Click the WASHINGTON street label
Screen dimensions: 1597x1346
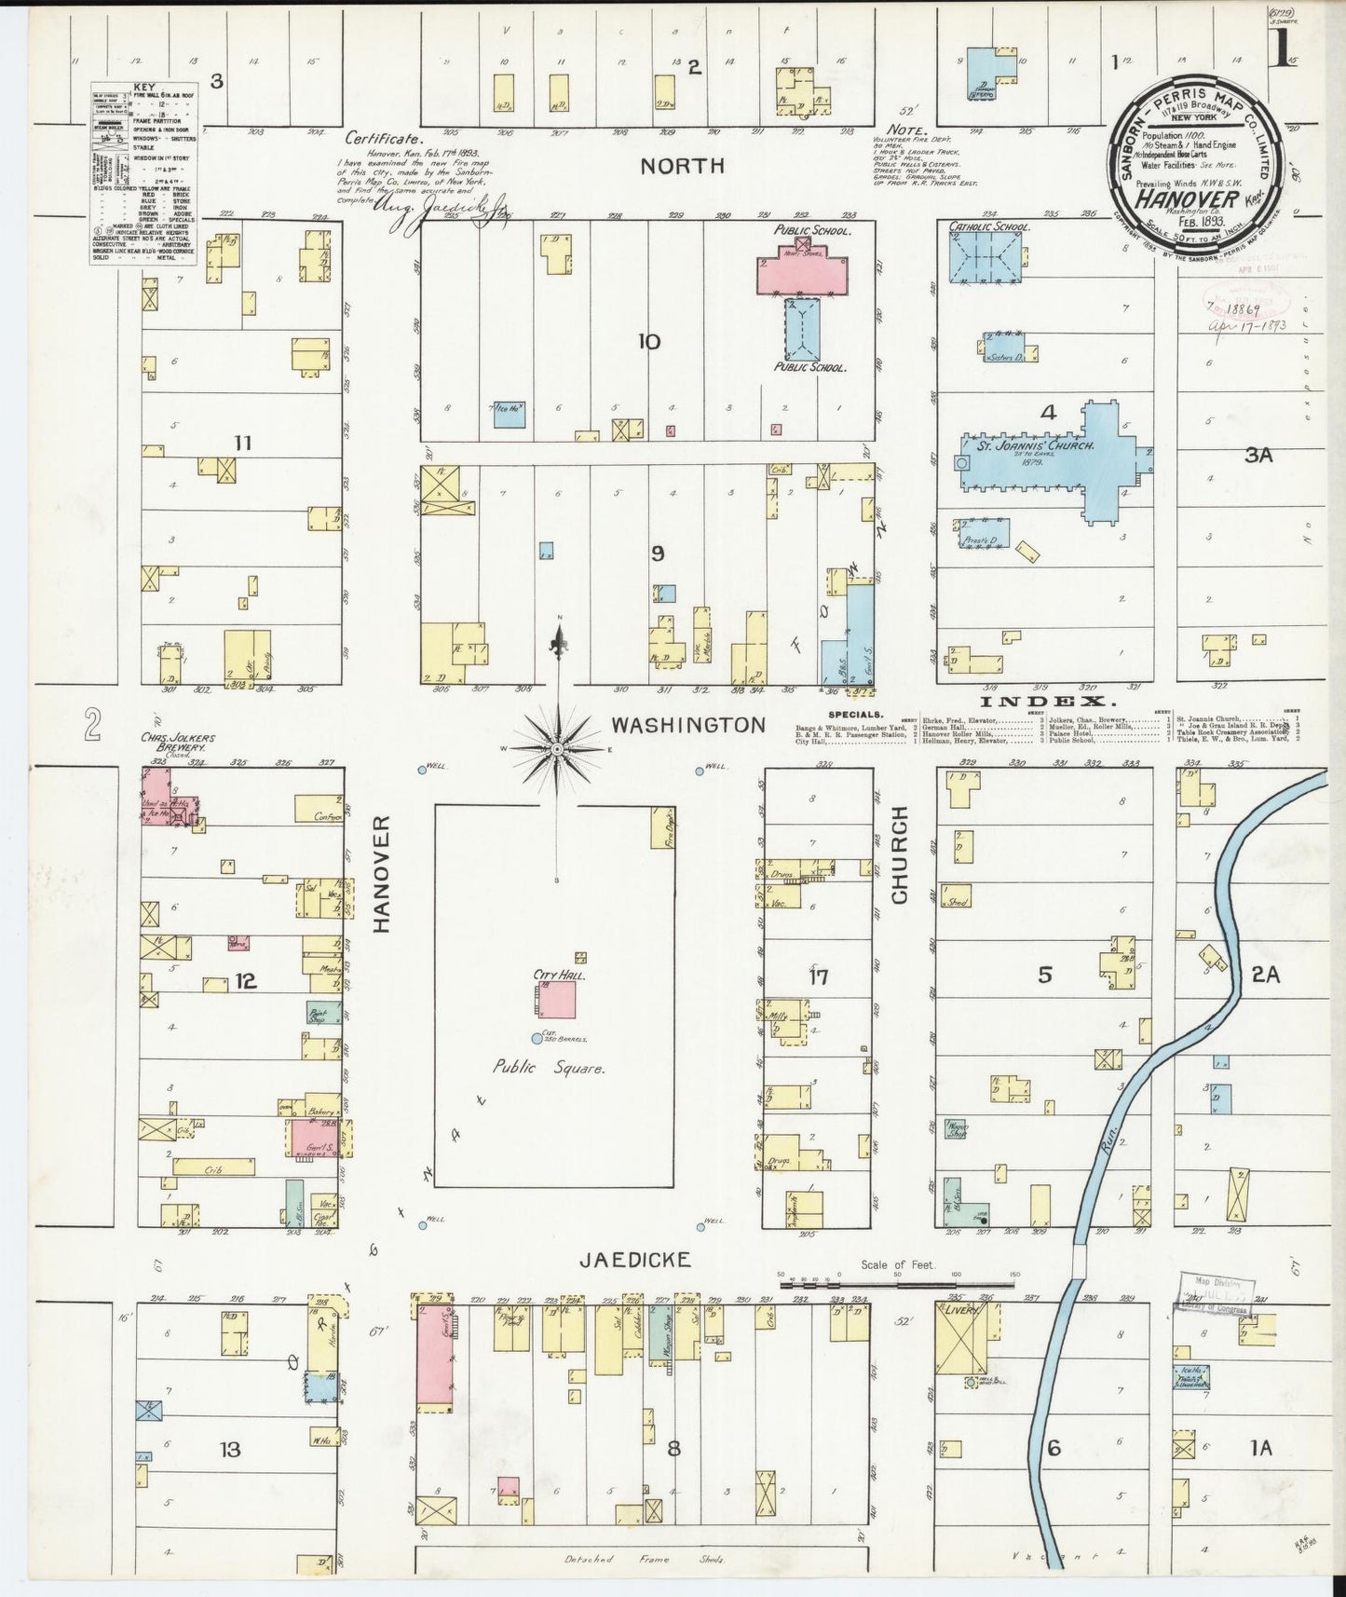point(687,725)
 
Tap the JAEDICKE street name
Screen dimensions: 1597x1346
point(634,1260)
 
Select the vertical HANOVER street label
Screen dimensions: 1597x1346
point(380,873)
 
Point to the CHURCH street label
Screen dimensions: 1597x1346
point(900,854)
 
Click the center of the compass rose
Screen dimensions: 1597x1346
point(557,749)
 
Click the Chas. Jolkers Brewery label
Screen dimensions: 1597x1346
point(178,743)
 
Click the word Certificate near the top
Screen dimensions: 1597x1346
point(377,138)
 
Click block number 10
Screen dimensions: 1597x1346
point(649,342)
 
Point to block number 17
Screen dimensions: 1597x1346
point(818,976)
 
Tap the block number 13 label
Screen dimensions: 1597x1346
point(229,1449)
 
